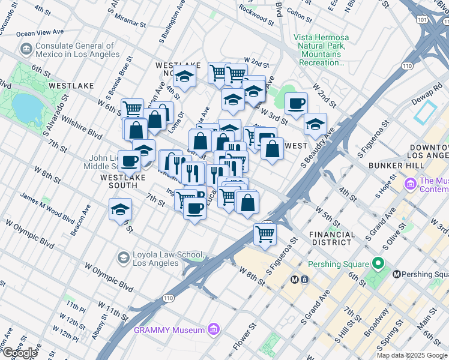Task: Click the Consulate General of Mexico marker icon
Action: pyautogui.click(x=26, y=48)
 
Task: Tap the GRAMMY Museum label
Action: pyautogui.click(x=169, y=329)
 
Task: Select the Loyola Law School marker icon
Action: pyautogui.click(x=123, y=257)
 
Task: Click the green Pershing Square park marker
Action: pyautogui.click(x=378, y=263)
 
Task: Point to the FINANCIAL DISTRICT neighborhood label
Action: pyautogui.click(x=330, y=238)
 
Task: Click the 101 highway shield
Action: pyautogui.click(x=422, y=20)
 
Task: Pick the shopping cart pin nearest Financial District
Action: pyautogui.click(x=264, y=233)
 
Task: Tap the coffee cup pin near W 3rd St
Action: pyautogui.click(x=295, y=103)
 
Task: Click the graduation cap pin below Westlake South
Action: pyautogui.click(x=120, y=209)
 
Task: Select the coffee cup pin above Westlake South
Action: pyautogui.click(x=129, y=161)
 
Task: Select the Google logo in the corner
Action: pyautogui.click(x=20, y=353)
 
